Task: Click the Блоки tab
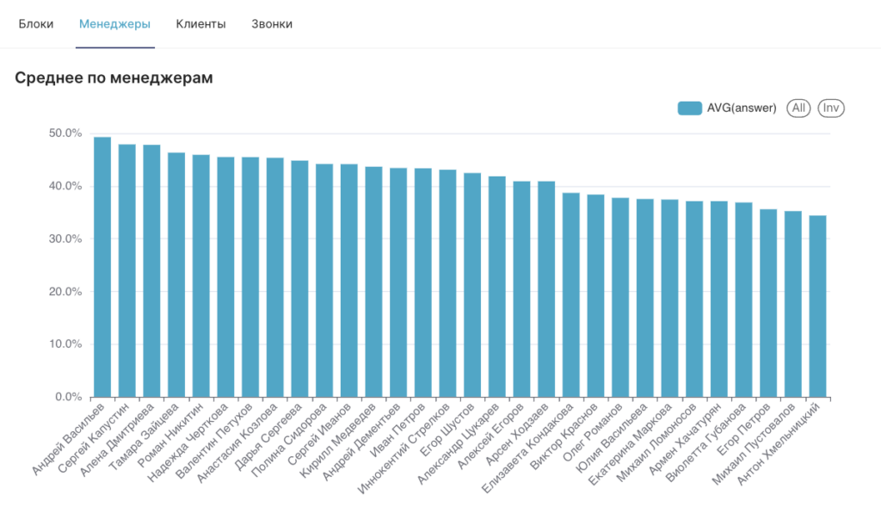[x=36, y=24]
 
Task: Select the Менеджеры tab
[x=115, y=24]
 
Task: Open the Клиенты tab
[x=200, y=24]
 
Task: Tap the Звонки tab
[x=272, y=24]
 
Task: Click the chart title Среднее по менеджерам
[x=114, y=77]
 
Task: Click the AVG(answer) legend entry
[x=727, y=108]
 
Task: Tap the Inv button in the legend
[x=830, y=108]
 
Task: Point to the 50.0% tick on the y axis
[x=65, y=133]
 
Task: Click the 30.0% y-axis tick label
[x=65, y=239]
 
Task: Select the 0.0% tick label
[x=68, y=398]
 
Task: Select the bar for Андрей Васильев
[x=102, y=267]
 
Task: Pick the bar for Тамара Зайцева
[x=176, y=275]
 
